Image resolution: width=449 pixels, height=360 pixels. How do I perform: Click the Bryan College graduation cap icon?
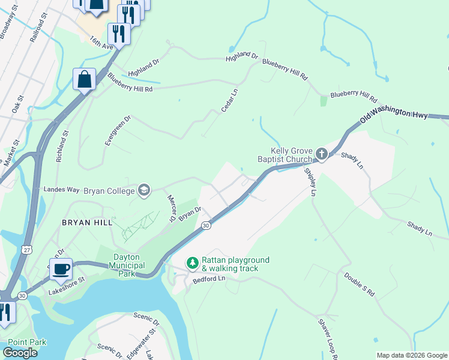(143, 190)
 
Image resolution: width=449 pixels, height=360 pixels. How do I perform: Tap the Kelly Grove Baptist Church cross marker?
(322, 155)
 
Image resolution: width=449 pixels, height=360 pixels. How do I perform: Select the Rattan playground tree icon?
(192, 263)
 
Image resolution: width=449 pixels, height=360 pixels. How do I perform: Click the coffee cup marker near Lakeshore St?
(61, 269)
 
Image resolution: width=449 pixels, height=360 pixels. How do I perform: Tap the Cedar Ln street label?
(229, 100)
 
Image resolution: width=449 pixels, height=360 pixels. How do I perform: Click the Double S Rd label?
(360, 284)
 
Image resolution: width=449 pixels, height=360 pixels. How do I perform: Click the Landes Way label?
(61, 190)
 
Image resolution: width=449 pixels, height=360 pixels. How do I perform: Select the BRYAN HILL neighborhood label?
(87, 222)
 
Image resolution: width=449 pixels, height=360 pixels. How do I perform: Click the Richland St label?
(62, 146)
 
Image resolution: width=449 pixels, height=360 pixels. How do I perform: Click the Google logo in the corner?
(20, 352)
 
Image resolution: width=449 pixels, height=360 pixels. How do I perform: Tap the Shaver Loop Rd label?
(329, 338)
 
